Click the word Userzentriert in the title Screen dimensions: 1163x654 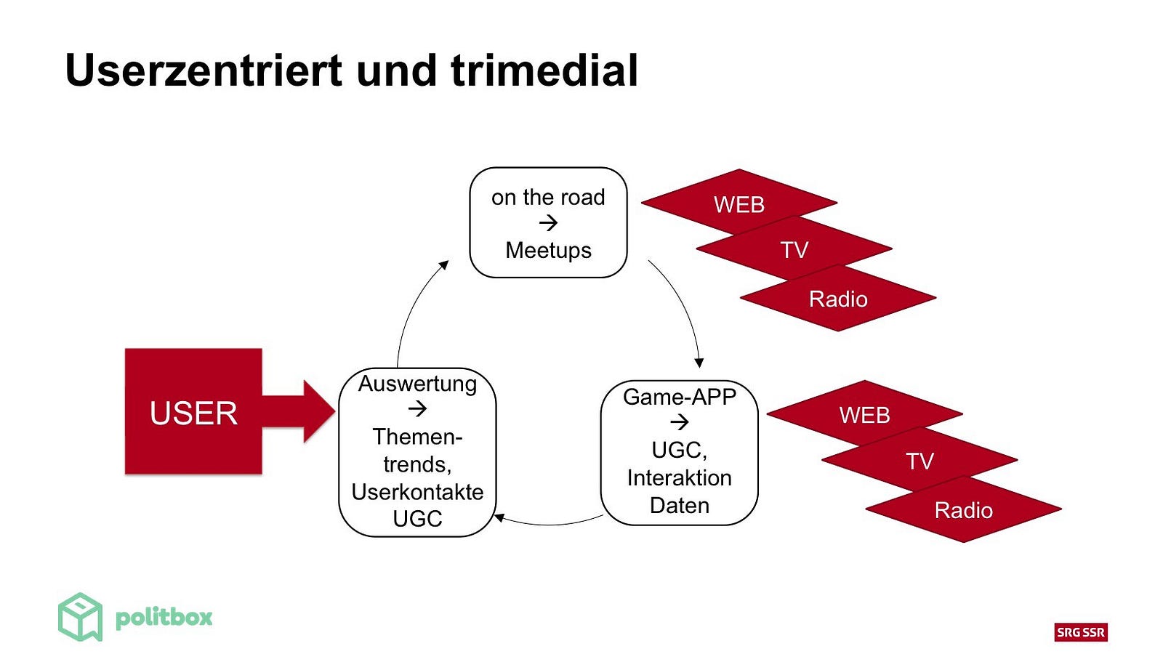[204, 70]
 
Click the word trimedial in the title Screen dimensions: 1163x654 [544, 70]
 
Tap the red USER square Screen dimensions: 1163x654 [193, 411]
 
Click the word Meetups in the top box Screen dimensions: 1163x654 [548, 251]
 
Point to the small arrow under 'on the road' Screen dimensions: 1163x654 [548, 224]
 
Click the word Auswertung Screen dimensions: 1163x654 [417, 384]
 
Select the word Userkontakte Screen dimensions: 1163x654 [417, 491]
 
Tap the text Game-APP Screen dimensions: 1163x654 [680, 397]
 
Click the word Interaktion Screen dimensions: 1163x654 [680, 478]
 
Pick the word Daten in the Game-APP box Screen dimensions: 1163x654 [680, 506]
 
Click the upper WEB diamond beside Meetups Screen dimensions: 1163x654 [739, 203]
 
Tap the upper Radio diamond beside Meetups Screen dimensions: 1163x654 [838, 298]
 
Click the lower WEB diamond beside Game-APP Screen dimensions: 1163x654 [864, 413]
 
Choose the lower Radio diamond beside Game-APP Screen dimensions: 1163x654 [964, 509]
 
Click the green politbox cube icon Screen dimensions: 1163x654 [81, 617]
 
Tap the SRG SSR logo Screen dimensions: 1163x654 [1081, 632]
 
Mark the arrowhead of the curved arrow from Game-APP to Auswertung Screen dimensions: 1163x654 [499, 517]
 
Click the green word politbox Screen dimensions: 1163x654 [164, 618]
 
